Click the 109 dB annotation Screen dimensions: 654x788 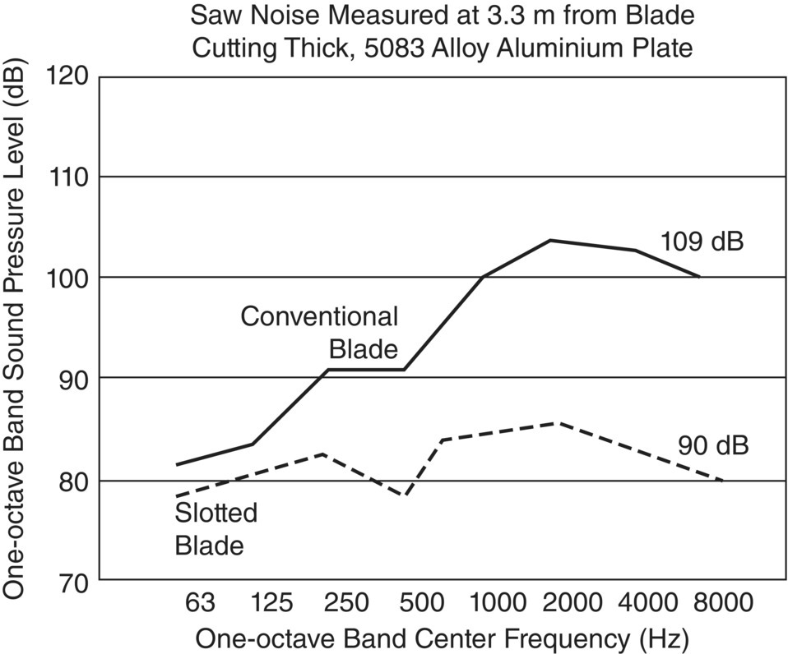coord(702,242)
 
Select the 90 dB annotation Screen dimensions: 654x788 coord(713,445)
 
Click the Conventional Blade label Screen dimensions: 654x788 coord(319,333)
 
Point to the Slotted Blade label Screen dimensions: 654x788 coord(216,528)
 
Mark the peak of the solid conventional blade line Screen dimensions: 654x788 coord(549,240)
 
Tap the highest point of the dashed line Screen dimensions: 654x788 coord(559,422)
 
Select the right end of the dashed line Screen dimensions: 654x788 coord(722,480)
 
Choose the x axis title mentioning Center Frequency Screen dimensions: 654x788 coord(441,638)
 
